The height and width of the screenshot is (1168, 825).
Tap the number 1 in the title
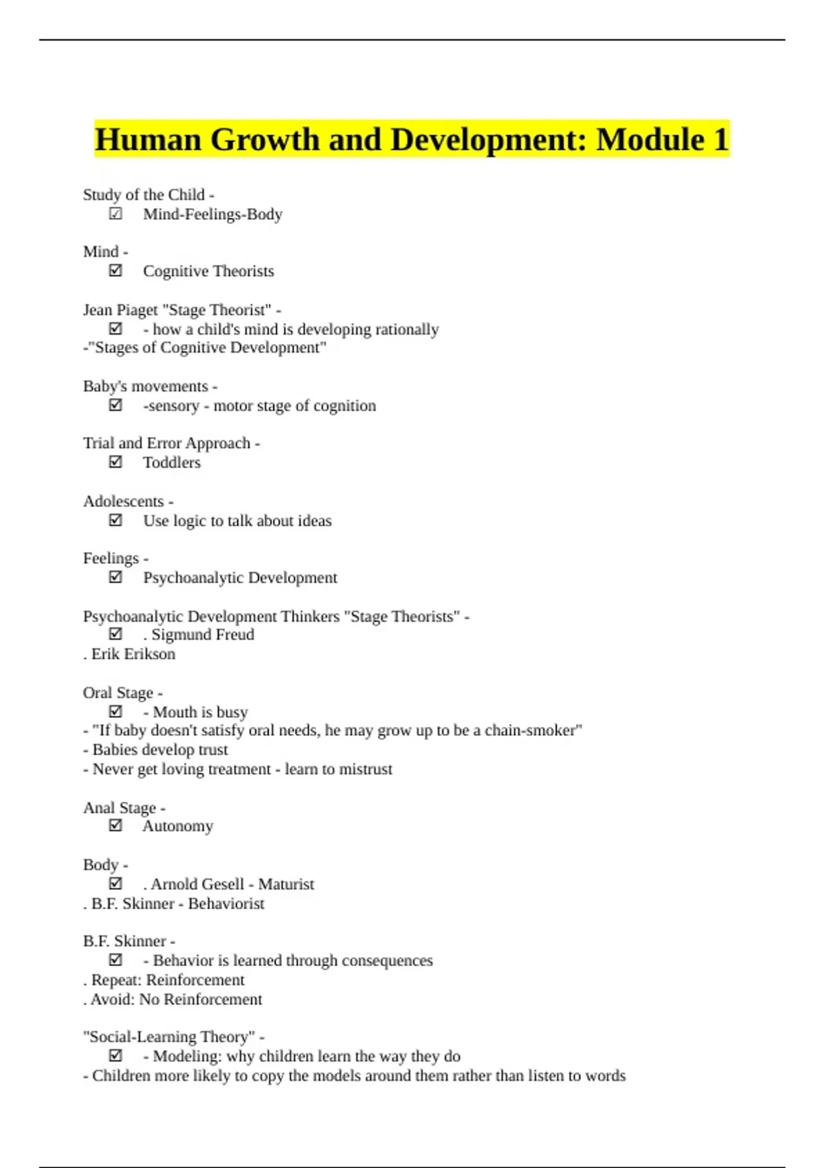pyautogui.click(x=720, y=140)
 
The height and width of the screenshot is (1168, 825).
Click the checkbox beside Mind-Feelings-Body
pyautogui.click(x=115, y=214)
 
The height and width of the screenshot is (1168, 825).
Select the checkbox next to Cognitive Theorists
pyautogui.click(x=115, y=271)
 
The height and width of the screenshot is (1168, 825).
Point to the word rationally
pyautogui.click(x=406, y=330)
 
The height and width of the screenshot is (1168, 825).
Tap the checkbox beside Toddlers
pyautogui.click(x=115, y=462)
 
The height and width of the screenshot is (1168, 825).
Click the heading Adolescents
pyautogui.click(x=124, y=502)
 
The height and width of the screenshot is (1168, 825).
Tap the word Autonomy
pyautogui.click(x=178, y=826)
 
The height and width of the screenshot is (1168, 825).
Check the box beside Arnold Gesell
pyautogui.click(x=115, y=884)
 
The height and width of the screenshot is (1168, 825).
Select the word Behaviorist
pyautogui.click(x=226, y=903)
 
